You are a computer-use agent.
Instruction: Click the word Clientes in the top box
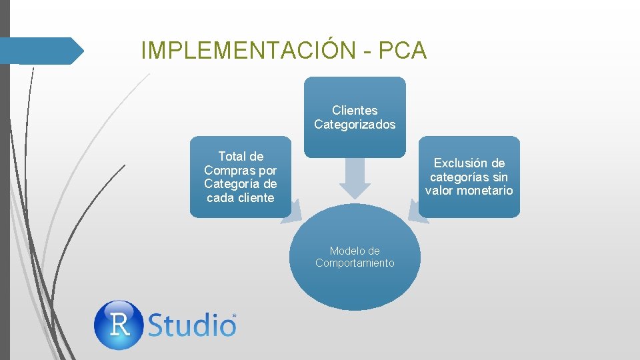355,111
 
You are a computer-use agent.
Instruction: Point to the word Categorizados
355,125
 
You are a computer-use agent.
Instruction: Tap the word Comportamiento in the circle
355,263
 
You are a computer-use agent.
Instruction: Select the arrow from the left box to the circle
295,211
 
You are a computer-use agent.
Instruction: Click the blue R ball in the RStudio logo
119,325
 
